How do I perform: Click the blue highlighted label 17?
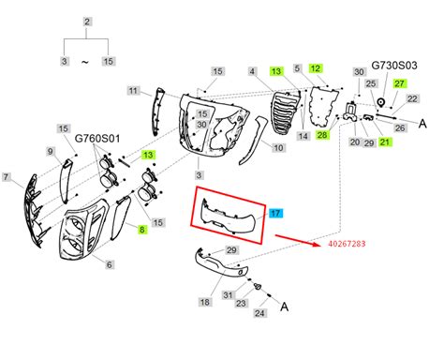click(x=274, y=213)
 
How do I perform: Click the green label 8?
click(x=143, y=228)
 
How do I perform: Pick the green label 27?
click(x=400, y=84)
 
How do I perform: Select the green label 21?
click(x=385, y=142)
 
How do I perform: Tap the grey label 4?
click(x=252, y=71)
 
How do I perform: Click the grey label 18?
click(x=204, y=303)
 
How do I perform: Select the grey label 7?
click(x=7, y=177)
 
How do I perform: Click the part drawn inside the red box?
click(x=229, y=218)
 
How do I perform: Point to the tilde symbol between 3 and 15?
click(x=87, y=61)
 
